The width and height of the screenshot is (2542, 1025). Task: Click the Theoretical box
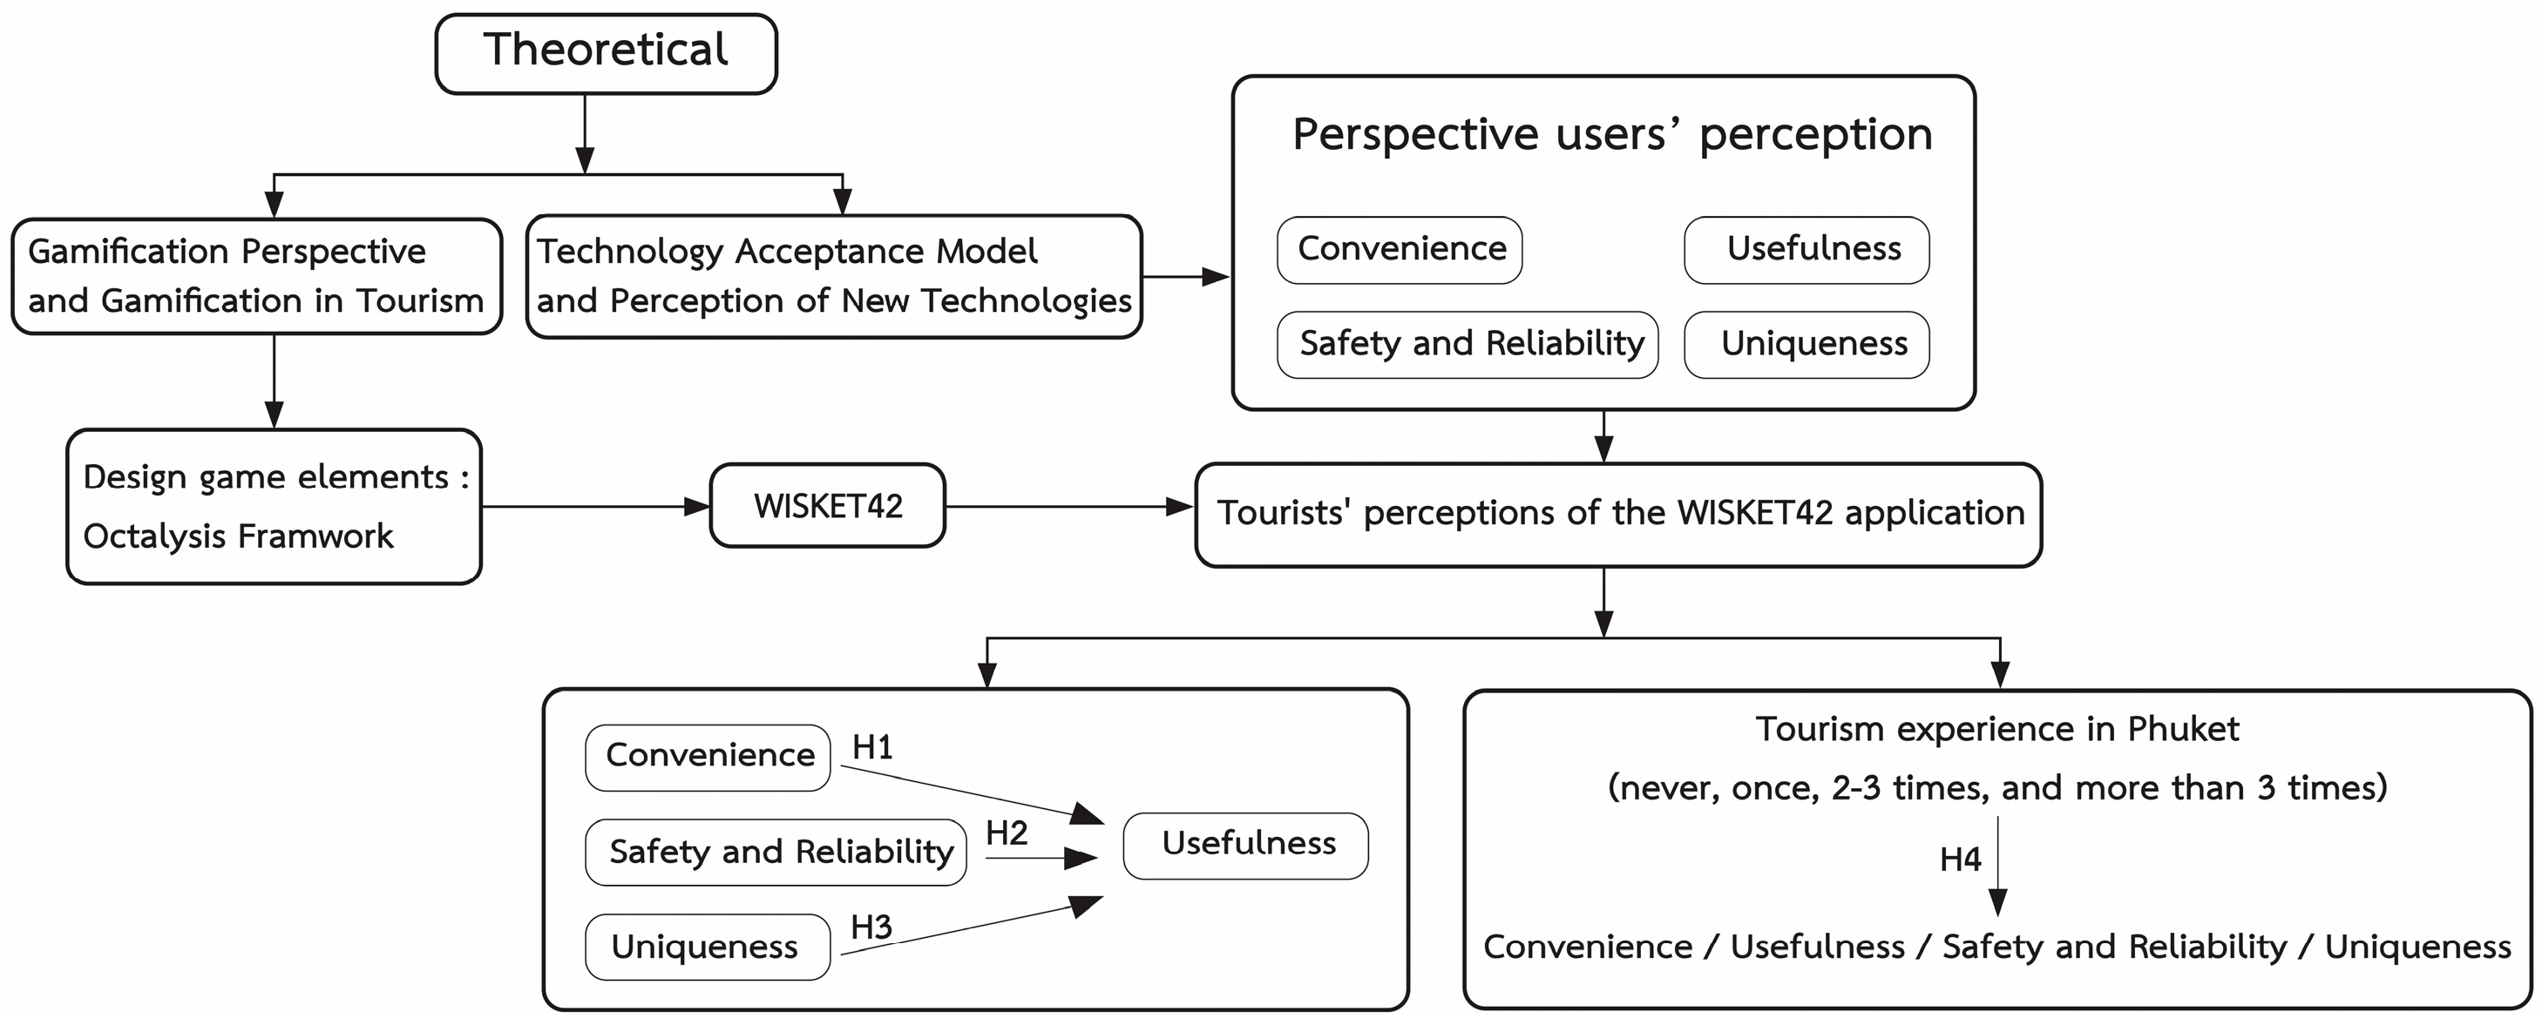[x=606, y=53]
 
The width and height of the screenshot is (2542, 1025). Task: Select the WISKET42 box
[x=828, y=505]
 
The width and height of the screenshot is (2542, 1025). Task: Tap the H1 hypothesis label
[x=872, y=747]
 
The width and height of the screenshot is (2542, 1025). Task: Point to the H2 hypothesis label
[x=1007, y=833]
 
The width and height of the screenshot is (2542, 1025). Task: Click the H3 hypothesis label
[x=871, y=927]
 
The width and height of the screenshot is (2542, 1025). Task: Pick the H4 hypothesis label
[x=1960, y=860]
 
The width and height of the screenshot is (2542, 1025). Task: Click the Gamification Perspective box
[x=256, y=276]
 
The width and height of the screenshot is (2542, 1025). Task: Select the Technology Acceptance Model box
[x=834, y=276]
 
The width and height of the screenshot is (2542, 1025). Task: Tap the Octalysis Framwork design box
[x=275, y=506]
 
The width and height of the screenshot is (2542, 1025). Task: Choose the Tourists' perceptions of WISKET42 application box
[x=1618, y=515]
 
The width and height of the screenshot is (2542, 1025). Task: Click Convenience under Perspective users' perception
[x=1400, y=250]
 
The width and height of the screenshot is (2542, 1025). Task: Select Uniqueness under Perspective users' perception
[x=1807, y=344]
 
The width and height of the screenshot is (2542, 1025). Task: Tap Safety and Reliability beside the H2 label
[x=776, y=852]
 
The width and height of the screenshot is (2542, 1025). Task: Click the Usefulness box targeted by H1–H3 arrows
[x=1245, y=846]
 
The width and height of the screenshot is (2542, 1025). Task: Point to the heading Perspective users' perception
[x=1612, y=134]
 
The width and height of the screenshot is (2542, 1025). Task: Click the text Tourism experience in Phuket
[x=1997, y=728]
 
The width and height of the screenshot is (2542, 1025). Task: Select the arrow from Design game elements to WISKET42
[x=596, y=507]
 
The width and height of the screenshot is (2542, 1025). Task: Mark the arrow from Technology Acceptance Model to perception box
[x=1186, y=277]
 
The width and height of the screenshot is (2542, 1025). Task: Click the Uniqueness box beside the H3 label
[x=708, y=947]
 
